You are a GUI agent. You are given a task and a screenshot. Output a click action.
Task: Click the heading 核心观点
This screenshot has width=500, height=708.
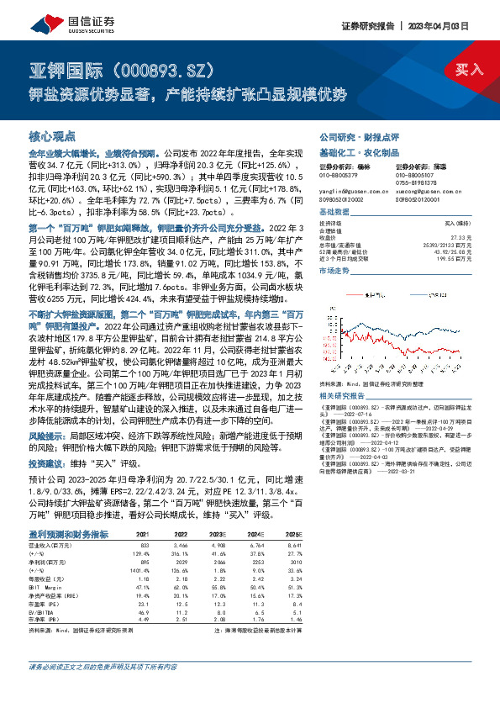pos(52,136)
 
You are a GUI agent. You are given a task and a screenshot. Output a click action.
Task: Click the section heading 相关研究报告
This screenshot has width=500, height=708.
pos(342,395)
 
